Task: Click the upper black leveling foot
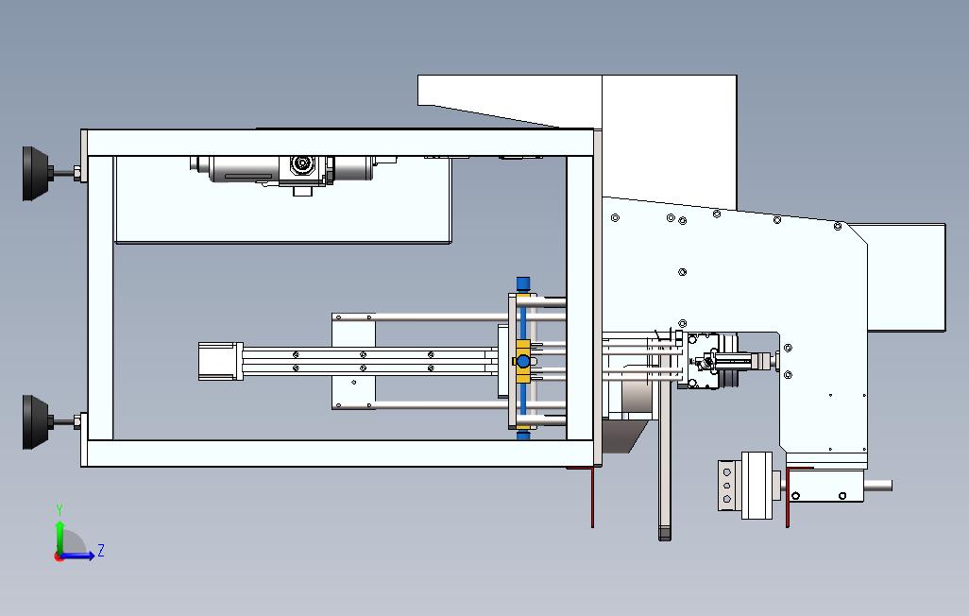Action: pos(37,173)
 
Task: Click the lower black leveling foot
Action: pos(37,422)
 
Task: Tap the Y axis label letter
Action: pos(59,510)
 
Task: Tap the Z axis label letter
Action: pos(101,550)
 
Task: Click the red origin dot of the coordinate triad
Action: pos(59,556)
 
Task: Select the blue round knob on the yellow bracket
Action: pos(522,362)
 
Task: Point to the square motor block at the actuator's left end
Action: pos(219,362)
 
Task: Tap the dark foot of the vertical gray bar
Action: pos(664,533)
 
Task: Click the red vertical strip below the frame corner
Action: pos(592,496)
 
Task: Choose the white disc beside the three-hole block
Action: pos(758,485)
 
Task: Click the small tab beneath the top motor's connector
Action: pos(303,191)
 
